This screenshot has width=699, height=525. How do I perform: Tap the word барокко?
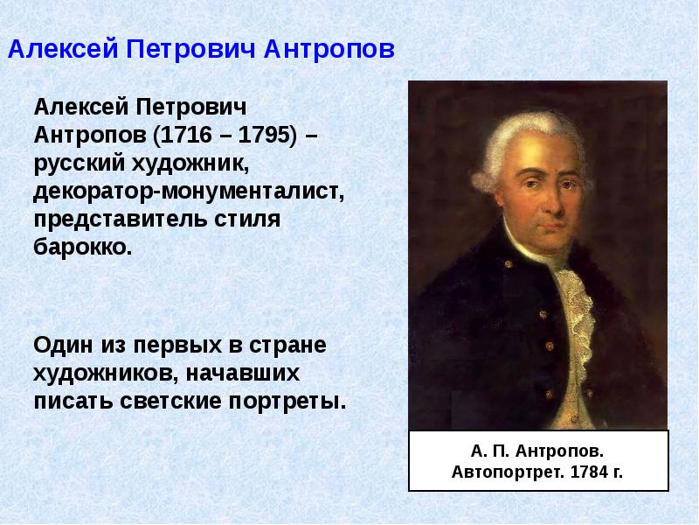[83, 246]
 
